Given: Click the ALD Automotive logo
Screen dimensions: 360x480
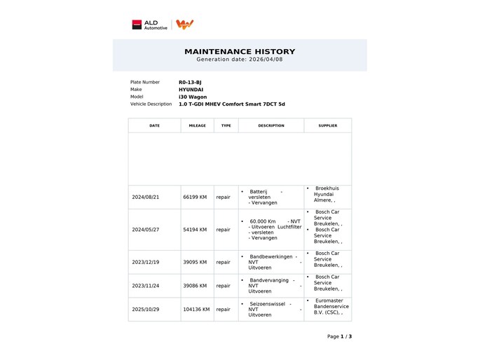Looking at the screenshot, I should (x=150, y=25).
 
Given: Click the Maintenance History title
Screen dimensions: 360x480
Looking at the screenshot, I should (x=240, y=51).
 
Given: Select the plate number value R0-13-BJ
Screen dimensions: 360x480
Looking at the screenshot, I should (x=190, y=82).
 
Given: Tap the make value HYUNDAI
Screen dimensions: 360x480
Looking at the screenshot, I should (x=191, y=90).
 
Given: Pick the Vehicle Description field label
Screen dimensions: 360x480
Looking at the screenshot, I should (x=151, y=104).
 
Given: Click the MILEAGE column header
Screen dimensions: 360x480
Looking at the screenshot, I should (x=197, y=125).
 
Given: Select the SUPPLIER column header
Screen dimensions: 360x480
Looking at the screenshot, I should (x=327, y=125).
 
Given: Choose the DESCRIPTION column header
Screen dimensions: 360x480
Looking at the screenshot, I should (x=270, y=125).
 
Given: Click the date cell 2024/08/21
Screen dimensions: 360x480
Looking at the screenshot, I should (x=146, y=197).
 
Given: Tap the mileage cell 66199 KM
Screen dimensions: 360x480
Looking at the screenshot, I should (x=195, y=197).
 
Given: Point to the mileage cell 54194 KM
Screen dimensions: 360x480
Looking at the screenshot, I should (x=195, y=229).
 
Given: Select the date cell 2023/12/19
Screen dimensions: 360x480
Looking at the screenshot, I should (x=146, y=262).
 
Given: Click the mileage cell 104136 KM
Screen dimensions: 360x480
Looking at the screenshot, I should (x=196, y=309).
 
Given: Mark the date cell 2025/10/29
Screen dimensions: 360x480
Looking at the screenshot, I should (x=146, y=309).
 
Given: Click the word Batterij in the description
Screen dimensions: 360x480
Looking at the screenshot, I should (x=258, y=191).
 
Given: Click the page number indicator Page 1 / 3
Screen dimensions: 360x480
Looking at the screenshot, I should (x=339, y=336).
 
